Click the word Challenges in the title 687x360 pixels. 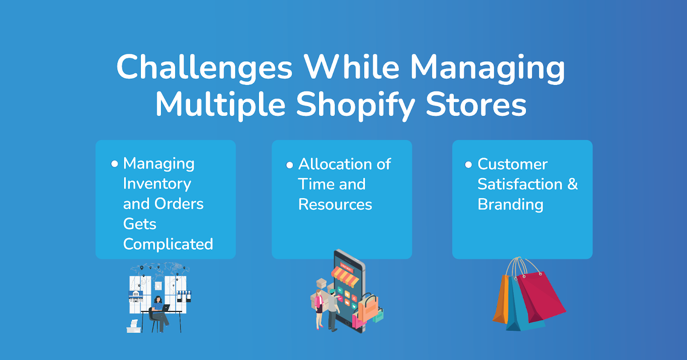(x=204, y=67)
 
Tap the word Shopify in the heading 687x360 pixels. (x=356, y=104)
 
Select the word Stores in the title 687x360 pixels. (x=476, y=104)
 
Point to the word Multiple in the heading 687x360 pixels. (x=221, y=104)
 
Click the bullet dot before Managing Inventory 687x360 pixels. (x=114, y=164)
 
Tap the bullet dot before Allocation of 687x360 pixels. (x=289, y=165)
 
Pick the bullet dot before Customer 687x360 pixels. (x=468, y=165)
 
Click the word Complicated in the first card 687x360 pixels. (x=168, y=244)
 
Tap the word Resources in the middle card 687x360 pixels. (x=335, y=204)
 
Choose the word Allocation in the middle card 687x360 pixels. (x=335, y=164)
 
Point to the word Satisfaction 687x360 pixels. (x=520, y=184)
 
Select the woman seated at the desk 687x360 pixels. (x=159, y=314)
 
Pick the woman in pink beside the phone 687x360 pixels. (x=319, y=309)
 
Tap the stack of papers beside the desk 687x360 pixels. (x=134, y=326)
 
